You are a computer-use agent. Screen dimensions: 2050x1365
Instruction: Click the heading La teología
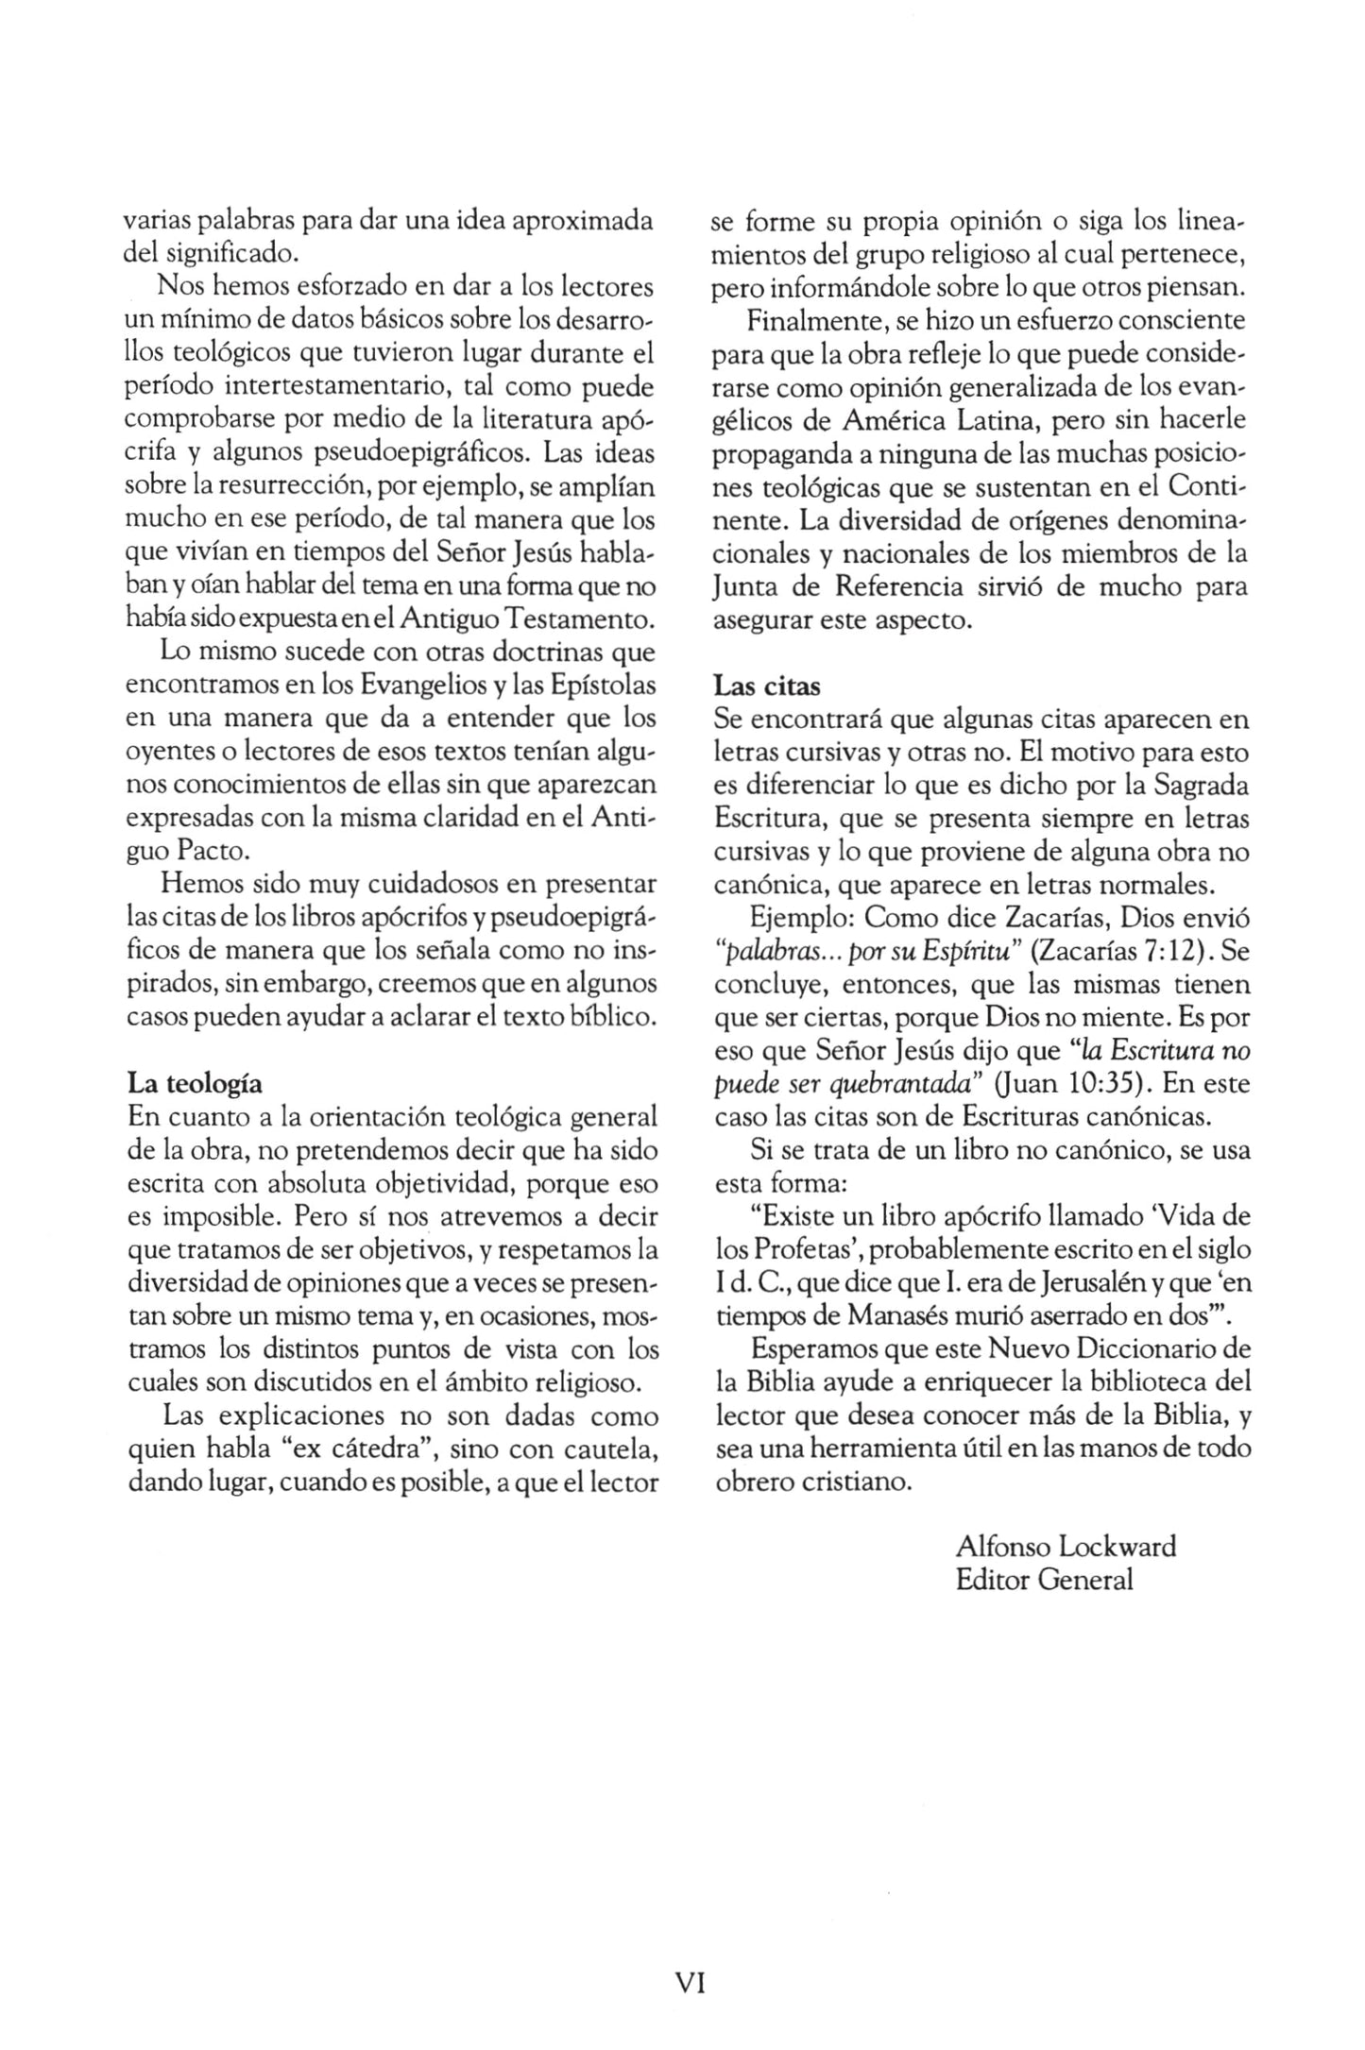[194, 1083]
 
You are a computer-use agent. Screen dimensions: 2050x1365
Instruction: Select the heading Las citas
[767, 686]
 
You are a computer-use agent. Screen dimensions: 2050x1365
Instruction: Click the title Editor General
[1044, 1579]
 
